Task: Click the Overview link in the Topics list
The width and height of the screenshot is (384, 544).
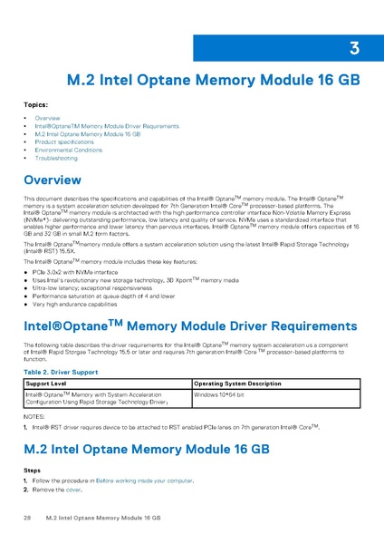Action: pyautogui.click(x=47, y=119)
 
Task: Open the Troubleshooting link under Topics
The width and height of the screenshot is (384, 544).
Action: pyautogui.click(x=56, y=158)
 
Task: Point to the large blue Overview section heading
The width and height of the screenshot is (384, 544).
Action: pyautogui.click(x=62, y=180)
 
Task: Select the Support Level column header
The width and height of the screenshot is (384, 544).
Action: pyautogui.click(x=46, y=384)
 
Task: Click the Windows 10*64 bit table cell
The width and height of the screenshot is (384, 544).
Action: pyautogui.click(x=220, y=394)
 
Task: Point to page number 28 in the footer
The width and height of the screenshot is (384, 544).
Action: pyautogui.click(x=27, y=517)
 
